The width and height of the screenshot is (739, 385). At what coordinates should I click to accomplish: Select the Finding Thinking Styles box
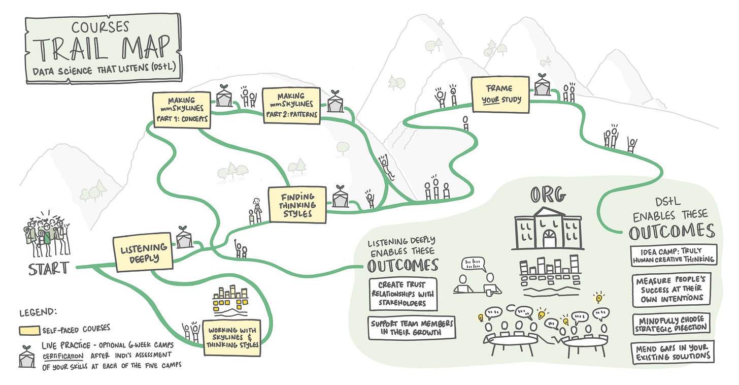(x=297, y=205)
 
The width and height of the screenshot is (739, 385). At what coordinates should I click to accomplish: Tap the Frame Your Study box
(x=501, y=93)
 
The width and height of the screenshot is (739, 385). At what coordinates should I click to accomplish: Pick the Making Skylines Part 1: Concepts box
(x=181, y=108)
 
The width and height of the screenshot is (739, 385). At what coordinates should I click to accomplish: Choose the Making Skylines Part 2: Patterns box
(x=291, y=105)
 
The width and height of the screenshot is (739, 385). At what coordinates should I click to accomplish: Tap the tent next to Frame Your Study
(x=542, y=85)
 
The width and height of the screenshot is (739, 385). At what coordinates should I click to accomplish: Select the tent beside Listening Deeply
(x=184, y=237)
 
